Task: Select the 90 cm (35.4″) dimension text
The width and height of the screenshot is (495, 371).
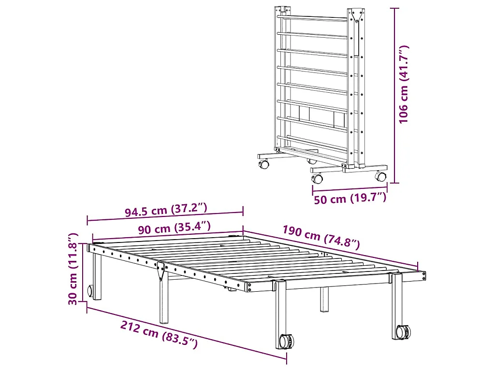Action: [174, 227]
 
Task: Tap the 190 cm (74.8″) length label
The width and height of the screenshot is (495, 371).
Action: [321, 237]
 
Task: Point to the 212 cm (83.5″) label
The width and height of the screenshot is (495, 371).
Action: [160, 334]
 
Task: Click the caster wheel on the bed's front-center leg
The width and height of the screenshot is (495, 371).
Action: [285, 341]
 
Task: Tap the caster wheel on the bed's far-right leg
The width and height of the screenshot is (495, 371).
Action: [403, 332]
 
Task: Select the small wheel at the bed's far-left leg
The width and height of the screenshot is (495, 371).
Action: [90, 291]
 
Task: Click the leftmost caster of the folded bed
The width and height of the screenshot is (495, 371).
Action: [264, 165]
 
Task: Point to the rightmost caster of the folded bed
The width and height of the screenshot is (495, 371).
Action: [381, 177]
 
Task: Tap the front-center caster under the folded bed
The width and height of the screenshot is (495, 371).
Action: [318, 179]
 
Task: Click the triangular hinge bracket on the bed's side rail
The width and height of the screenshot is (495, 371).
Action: [160, 271]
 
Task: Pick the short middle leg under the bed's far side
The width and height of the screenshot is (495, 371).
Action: [324, 300]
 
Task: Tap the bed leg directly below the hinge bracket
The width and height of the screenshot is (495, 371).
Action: [164, 302]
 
